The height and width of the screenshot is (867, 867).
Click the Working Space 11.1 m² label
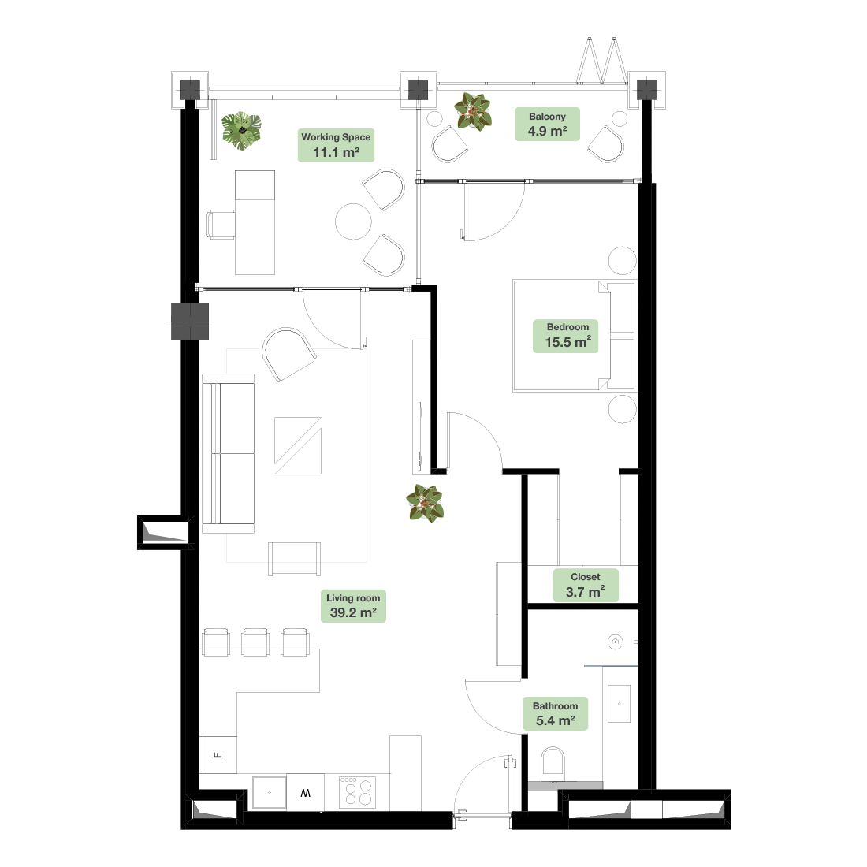pos(336,145)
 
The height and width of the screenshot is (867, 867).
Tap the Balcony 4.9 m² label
pos(547,124)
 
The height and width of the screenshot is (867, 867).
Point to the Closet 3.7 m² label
pos(585,585)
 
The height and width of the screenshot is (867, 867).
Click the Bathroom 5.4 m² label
pos(555,713)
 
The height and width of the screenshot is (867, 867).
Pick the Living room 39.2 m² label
pos(353,606)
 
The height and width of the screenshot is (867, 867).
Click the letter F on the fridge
pos(218,755)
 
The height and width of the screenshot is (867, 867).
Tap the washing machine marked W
pos(305,793)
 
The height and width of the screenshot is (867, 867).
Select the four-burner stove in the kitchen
pos(357,792)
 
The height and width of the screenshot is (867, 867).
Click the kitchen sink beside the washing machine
pos(270,792)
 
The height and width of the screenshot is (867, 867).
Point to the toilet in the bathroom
pos(553,763)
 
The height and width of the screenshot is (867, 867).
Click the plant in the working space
pos(242,131)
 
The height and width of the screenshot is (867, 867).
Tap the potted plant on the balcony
pos(473,111)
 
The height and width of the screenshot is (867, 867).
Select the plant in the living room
pos(425,503)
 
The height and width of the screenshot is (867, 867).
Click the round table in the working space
pos(353,221)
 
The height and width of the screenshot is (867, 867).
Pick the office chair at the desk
pos(221,225)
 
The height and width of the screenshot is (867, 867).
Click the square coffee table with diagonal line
pos(298,445)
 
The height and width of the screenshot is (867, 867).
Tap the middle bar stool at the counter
pos(255,642)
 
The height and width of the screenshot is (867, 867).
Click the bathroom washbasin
pos(620,704)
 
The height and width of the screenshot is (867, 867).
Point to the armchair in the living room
pos(288,354)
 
